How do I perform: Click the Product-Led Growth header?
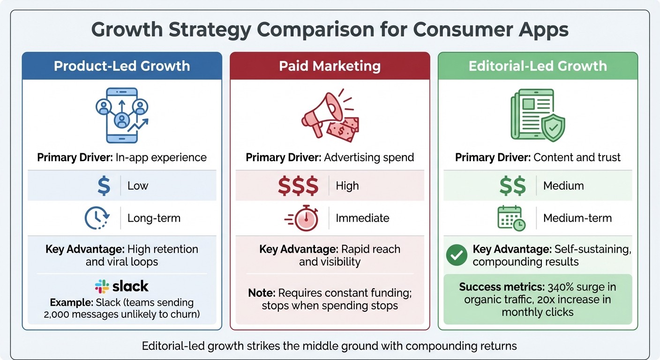pyautogui.click(x=122, y=66)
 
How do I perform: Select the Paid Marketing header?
pyautogui.click(x=330, y=66)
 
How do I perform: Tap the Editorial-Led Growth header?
pyautogui.click(x=538, y=66)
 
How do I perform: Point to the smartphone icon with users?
pyautogui.click(x=122, y=115)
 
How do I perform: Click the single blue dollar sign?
pyautogui.click(x=103, y=186)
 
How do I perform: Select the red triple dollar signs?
pyautogui.click(x=298, y=186)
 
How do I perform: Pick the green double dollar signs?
pyautogui.click(x=512, y=186)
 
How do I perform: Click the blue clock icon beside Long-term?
pyautogui.click(x=97, y=218)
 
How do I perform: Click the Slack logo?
pyautogui.click(x=121, y=286)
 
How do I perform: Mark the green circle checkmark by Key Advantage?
pyautogui.click(x=456, y=255)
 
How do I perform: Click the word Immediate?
pyautogui.click(x=362, y=218)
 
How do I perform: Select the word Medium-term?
pyautogui.click(x=577, y=218)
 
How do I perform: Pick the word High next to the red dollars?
pyautogui.click(x=347, y=186)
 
